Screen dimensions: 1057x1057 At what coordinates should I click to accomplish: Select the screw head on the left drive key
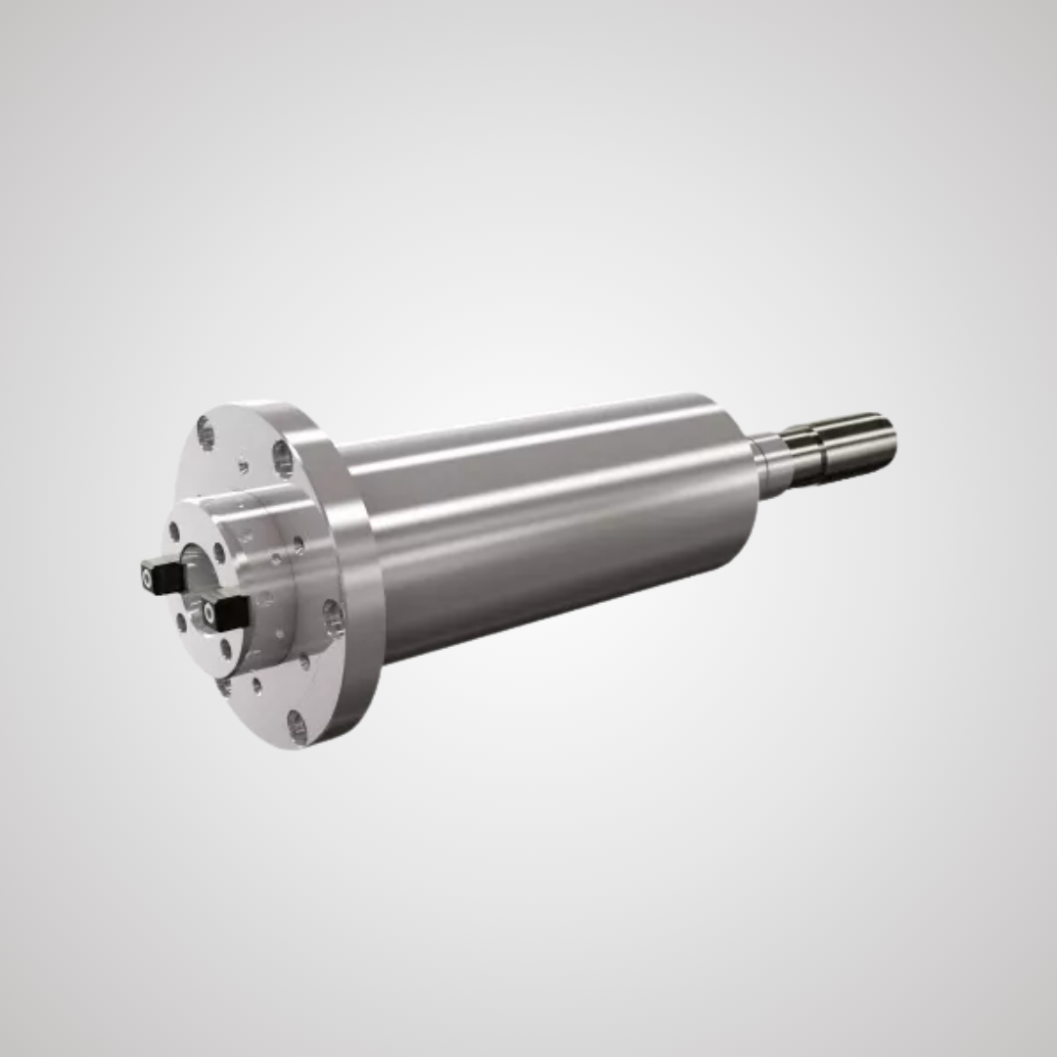148,579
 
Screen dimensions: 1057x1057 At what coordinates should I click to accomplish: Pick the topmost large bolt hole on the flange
206,432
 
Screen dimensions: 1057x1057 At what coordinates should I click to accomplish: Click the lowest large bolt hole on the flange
297,726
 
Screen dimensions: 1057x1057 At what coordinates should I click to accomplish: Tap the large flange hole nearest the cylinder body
334,618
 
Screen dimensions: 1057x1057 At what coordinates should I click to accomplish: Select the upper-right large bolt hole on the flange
283,458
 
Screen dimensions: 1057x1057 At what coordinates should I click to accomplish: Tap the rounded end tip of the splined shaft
889,437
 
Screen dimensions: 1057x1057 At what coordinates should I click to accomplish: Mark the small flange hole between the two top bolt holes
243,467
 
